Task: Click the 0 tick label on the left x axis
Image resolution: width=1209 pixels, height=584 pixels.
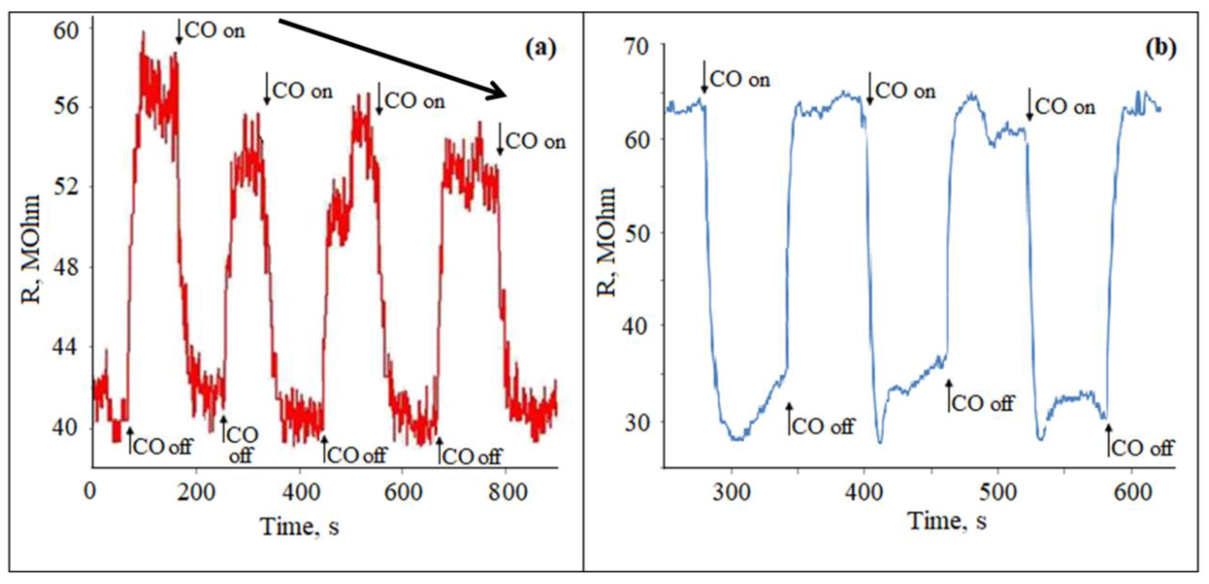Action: [90, 493]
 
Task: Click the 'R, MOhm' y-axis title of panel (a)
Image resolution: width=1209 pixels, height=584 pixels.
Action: [31, 249]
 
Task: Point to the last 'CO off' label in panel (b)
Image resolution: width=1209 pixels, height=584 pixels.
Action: [1142, 448]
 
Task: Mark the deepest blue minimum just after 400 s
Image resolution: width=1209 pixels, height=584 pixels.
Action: [879, 441]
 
